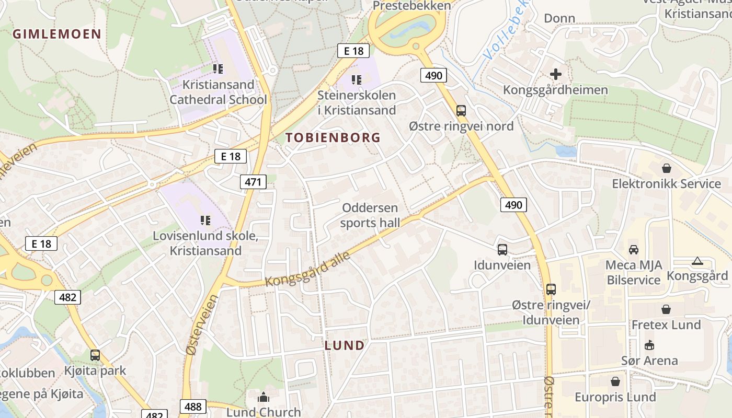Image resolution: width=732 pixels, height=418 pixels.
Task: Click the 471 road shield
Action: (x=253, y=182)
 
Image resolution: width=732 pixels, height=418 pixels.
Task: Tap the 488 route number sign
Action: (x=193, y=407)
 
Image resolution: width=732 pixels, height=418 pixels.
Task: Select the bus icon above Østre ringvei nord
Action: (x=461, y=111)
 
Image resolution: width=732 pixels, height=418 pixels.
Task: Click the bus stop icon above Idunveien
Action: (x=502, y=250)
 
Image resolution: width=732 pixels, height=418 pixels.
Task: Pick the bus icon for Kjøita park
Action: (x=95, y=355)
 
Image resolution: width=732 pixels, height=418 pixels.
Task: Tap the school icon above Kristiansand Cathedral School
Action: (x=218, y=69)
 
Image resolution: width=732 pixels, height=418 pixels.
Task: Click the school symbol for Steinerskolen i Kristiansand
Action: (x=357, y=80)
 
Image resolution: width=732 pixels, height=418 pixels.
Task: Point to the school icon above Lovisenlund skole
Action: (x=205, y=220)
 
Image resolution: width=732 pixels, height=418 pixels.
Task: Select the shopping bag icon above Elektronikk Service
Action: (x=666, y=168)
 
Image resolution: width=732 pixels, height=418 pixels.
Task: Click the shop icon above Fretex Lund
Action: (x=666, y=309)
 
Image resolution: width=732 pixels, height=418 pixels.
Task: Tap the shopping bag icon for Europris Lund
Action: (x=615, y=381)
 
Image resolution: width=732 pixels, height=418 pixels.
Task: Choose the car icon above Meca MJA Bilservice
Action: (x=633, y=249)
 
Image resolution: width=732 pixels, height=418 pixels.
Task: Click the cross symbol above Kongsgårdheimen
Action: (x=555, y=74)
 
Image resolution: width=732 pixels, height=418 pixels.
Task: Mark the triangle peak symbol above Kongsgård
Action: (x=697, y=261)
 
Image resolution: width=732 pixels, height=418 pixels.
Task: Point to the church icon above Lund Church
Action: (x=263, y=397)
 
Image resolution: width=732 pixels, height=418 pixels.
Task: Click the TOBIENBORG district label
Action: (x=333, y=137)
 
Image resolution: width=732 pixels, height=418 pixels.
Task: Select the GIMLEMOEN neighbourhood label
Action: (x=56, y=34)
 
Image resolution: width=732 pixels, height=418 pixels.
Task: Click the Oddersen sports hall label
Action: (x=370, y=215)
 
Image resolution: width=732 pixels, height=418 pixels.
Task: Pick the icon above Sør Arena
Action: (x=649, y=345)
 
